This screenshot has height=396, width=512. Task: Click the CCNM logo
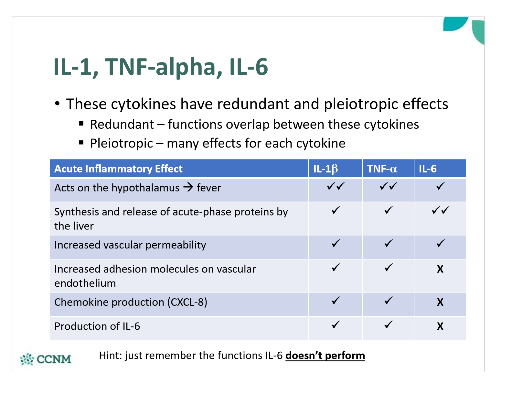click(x=46, y=359)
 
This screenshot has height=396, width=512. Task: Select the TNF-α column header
click(x=382, y=169)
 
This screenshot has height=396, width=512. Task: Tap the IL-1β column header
click(x=325, y=169)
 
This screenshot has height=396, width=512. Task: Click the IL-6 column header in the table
click(x=428, y=169)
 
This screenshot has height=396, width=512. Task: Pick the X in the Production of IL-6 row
click(x=440, y=326)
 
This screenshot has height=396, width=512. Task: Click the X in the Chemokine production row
click(x=440, y=302)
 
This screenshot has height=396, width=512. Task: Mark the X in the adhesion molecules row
click(x=440, y=269)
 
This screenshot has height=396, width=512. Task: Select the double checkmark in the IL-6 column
click(x=440, y=211)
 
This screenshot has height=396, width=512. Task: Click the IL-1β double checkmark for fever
click(x=336, y=186)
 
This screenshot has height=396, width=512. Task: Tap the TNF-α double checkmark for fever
click(x=388, y=186)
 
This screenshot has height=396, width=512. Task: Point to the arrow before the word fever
click(x=188, y=187)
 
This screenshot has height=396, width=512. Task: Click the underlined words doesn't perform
click(x=325, y=356)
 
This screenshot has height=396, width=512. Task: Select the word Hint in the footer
click(x=110, y=356)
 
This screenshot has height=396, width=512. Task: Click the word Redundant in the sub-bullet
click(x=122, y=125)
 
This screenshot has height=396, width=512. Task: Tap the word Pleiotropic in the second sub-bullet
click(x=121, y=143)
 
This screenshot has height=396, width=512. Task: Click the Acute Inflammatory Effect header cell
click(x=118, y=169)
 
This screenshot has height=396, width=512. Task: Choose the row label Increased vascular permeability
click(x=130, y=245)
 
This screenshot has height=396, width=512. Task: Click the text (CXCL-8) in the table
click(x=187, y=302)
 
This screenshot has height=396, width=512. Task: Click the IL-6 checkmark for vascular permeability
click(x=440, y=243)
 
